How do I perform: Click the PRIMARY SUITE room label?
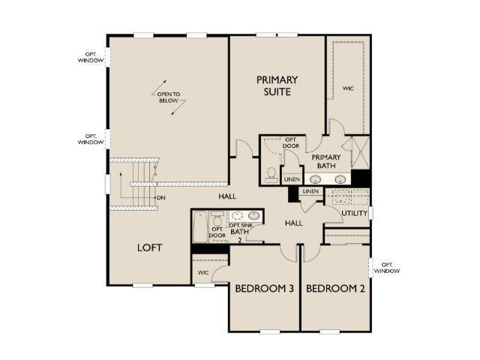click(x=277, y=85)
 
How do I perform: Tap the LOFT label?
click(x=150, y=247)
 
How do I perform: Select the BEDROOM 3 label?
click(x=265, y=288)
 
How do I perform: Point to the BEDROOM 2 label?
click(x=335, y=288)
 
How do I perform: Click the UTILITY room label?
click(x=354, y=213)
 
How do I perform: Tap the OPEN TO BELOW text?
click(x=169, y=97)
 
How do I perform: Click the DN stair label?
click(x=161, y=198)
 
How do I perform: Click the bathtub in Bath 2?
click(x=200, y=226)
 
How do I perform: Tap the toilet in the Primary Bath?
click(x=271, y=175)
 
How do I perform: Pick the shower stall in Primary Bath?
click(x=360, y=152)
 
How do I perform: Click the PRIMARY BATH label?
click(x=326, y=161)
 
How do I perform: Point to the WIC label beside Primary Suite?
click(x=348, y=88)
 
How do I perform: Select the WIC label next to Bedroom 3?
click(x=203, y=272)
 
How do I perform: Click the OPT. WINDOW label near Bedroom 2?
click(x=387, y=268)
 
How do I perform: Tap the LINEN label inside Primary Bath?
click(x=292, y=179)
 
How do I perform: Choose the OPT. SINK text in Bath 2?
click(x=241, y=225)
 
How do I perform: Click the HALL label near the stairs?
click(x=227, y=196)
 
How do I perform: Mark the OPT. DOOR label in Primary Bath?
click(x=291, y=143)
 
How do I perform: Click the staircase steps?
click(x=142, y=184)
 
